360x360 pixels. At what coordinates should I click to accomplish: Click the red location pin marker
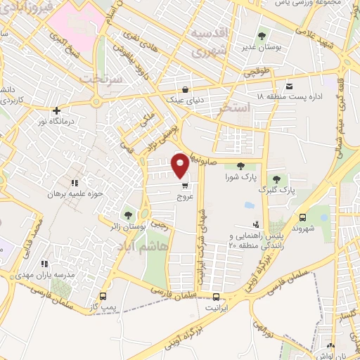tap(180, 165)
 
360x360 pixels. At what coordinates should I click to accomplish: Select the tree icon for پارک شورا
tap(240, 166)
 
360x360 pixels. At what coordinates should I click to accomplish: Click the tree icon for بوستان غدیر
tap(262, 35)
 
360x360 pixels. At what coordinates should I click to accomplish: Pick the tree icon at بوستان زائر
tap(127, 215)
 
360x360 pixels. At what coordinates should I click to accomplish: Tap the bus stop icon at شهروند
tap(302, 217)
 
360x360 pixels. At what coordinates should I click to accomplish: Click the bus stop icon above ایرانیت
tap(215, 297)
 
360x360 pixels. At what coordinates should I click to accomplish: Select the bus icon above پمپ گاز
tap(103, 296)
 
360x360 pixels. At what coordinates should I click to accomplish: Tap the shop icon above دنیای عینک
tap(184, 89)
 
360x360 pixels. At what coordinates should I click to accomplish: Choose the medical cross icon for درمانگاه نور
tap(56, 110)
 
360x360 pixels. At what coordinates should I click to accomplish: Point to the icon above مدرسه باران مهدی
tap(45, 263)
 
